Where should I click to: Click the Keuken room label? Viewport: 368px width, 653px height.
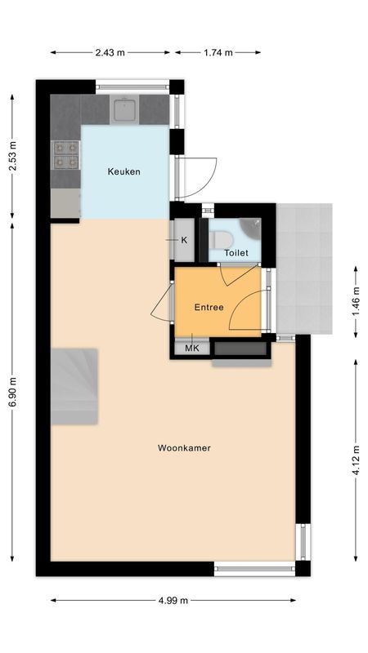pyautogui.click(x=124, y=171)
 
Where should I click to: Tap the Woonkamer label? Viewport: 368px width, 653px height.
pyautogui.click(x=178, y=447)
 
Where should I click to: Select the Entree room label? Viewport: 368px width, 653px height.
pyautogui.click(x=209, y=308)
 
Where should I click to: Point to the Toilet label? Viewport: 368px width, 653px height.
pyautogui.click(x=237, y=253)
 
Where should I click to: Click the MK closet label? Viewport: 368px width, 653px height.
pyautogui.click(x=192, y=349)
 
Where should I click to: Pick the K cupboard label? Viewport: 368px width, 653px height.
pyautogui.click(x=184, y=240)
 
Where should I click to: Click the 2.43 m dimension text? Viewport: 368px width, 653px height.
pyautogui.click(x=110, y=52)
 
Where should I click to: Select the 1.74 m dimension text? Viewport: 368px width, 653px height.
pyautogui.click(x=218, y=52)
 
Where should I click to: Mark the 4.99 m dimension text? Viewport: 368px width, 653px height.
pyautogui.click(x=173, y=600)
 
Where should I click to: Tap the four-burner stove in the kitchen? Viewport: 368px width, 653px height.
pyautogui.click(x=65, y=154)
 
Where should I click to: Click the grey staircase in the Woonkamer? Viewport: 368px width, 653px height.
pyautogui.click(x=74, y=386)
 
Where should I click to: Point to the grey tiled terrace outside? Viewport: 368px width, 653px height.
pyautogui.click(x=304, y=269)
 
